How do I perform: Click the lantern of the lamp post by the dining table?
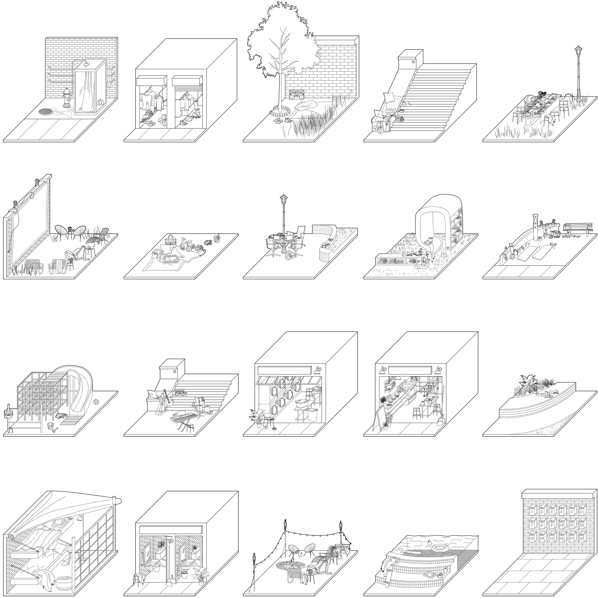click(x=578, y=51)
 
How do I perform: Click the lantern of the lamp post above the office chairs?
click(x=283, y=198)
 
